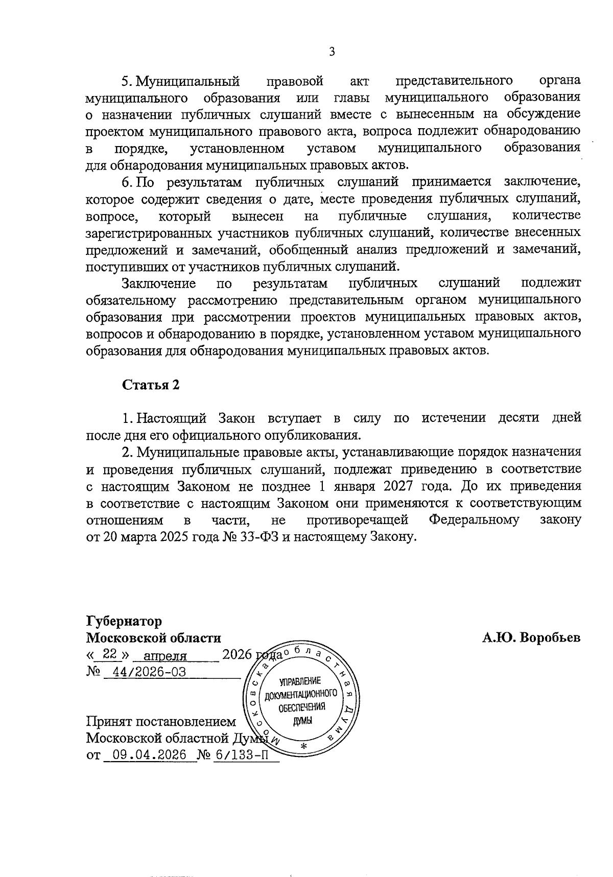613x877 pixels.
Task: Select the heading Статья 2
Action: pos(151,385)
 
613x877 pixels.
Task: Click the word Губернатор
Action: pos(124,621)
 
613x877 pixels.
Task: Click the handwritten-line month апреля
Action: pos(165,656)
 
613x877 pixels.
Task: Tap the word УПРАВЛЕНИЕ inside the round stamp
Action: pos(300,681)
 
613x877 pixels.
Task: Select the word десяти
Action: pos(518,418)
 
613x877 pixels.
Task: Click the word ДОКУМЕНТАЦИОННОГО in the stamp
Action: pos(300,694)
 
